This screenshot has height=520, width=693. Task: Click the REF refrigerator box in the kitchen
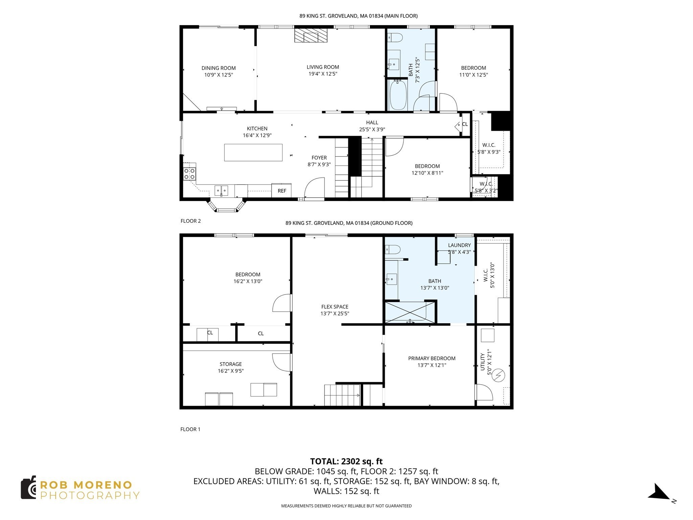point(282,191)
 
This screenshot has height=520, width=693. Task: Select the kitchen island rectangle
point(253,152)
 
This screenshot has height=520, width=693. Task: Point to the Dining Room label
point(219,68)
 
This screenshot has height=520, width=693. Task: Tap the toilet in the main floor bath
point(395,37)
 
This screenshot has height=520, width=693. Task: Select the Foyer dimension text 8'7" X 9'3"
point(319,165)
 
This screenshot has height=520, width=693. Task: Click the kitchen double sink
point(221,190)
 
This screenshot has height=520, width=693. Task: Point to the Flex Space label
point(335,307)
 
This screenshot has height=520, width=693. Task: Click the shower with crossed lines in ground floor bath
point(410,311)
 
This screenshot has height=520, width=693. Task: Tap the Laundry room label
point(459,245)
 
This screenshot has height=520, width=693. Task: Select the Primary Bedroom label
point(432,358)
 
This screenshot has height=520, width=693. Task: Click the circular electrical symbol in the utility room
point(499,375)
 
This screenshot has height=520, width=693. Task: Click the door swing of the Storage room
point(281,362)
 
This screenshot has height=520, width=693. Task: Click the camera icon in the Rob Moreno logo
point(29,487)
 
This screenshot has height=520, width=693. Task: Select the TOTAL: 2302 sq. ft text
point(346,461)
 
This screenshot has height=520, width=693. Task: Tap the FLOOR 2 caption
point(191,221)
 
